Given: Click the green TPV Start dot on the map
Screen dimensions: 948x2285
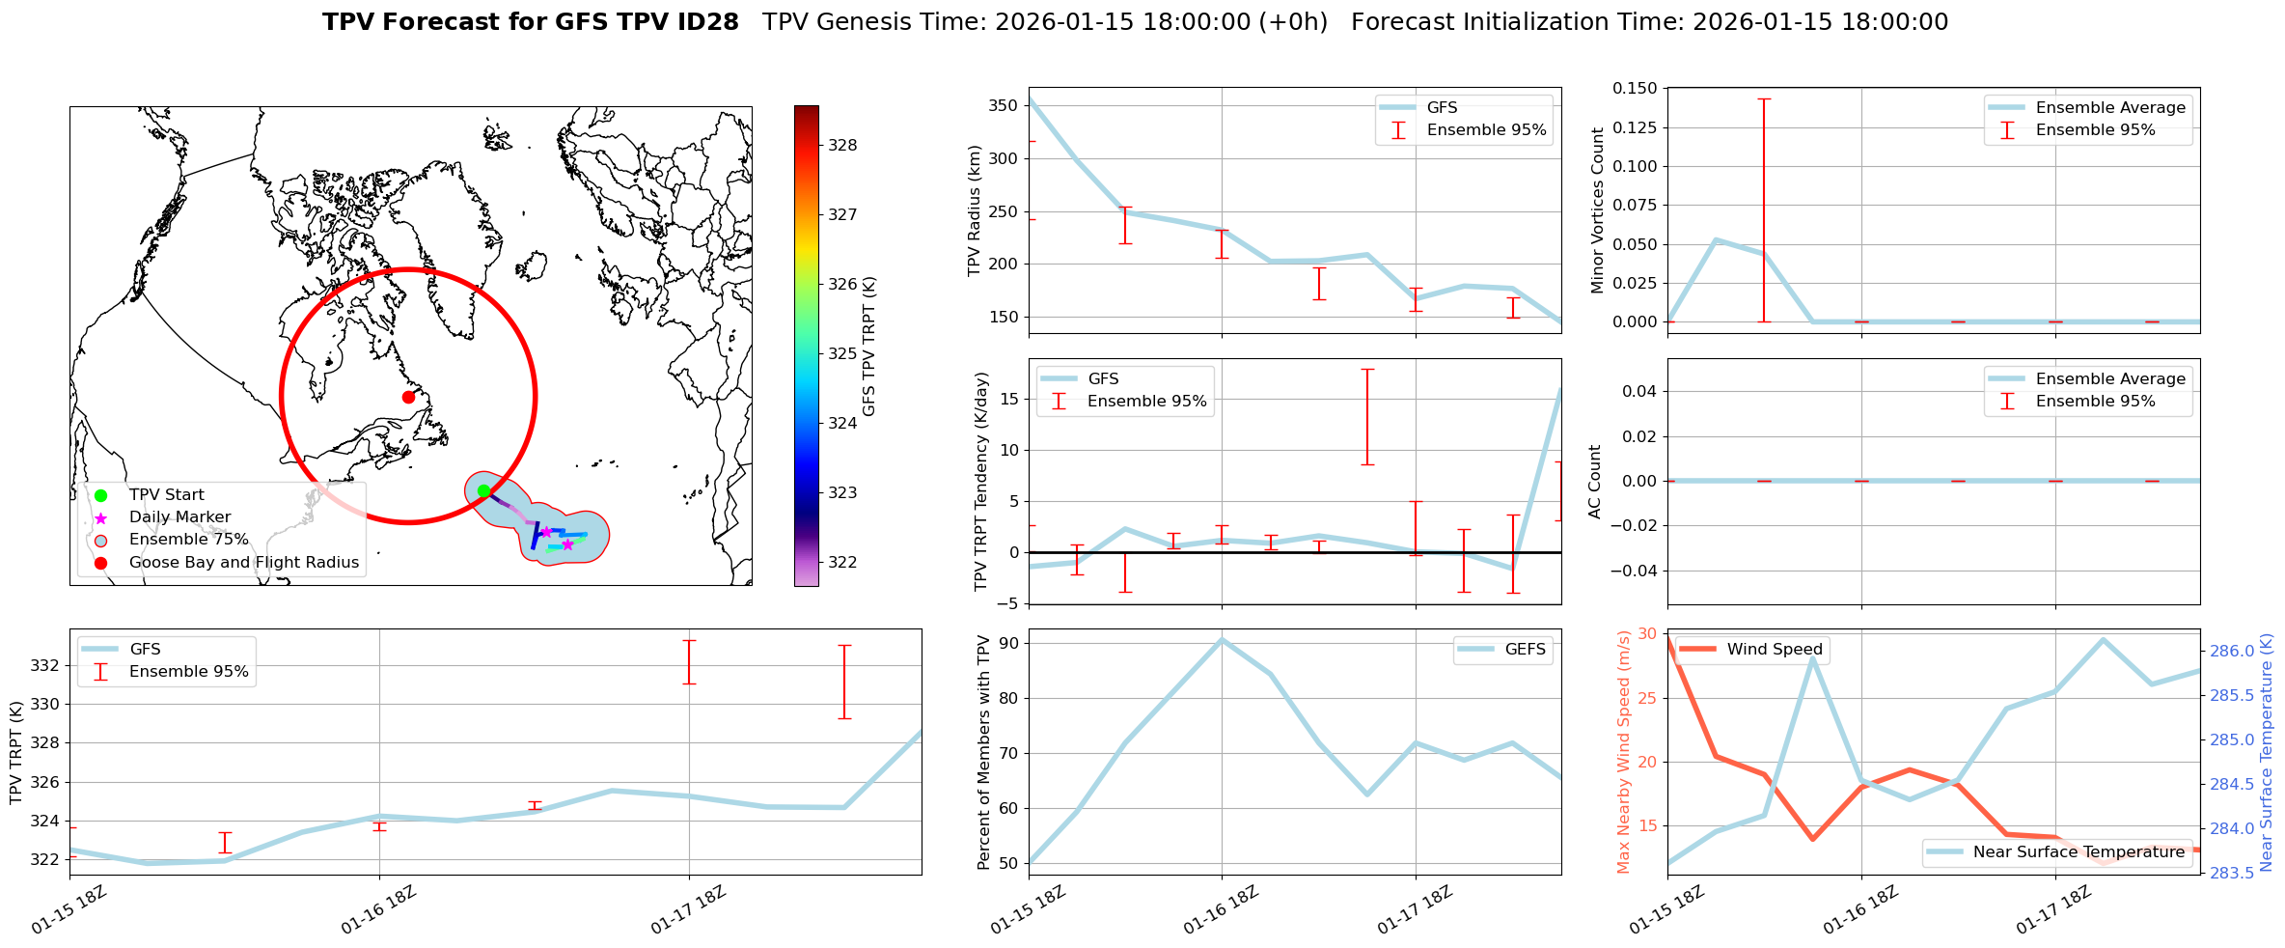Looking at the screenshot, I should pyautogui.click(x=483, y=491).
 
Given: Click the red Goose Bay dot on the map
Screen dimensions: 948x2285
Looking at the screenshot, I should pyautogui.click(x=408, y=397).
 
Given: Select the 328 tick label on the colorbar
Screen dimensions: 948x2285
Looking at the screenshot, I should pyautogui.click(x=842, y=146).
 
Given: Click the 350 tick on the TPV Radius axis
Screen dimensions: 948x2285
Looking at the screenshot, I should pyautogui.click(x=1005, y=106).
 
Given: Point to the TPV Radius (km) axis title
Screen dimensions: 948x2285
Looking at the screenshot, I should pyautogui.click(x=975, y=210).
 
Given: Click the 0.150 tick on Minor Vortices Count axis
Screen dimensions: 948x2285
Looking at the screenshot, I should pyautogui.click(x=1635, y=89).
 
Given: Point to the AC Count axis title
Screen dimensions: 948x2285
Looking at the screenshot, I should pyautogui.click(x=1595, y=481).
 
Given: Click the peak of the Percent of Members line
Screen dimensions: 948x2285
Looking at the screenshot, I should pyautogui.click(x=1222, y=639).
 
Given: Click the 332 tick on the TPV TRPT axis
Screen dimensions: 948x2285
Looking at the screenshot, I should pyautogui.click(x=45, y=666).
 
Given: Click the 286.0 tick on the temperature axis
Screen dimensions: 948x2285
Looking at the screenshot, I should pyautogui.click(x=2232, y=651).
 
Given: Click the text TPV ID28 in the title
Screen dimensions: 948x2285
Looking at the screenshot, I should pyautogui.click(x=674, y=22).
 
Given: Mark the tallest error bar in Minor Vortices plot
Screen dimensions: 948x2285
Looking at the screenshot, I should pyautogui.click(x=1764, y=209).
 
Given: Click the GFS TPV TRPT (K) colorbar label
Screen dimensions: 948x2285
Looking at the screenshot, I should pyautogui.click(x=869, y=346).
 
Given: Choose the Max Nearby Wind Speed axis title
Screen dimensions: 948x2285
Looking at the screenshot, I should pyautogui.click(x=1623, y=751).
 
